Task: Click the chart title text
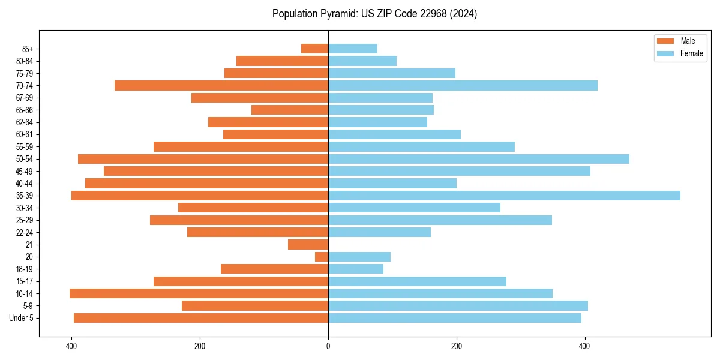click(x=374, y=14)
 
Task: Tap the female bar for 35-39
click(x=504, y=196)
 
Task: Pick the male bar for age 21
click(x=308, y=245)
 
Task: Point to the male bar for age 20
click(x=322, y=257)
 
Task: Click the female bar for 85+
click(x=353, y=49)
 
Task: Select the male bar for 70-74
click(x=221, y=86)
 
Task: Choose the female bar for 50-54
click(x=479, y=159)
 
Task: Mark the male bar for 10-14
click(x=199, y=293)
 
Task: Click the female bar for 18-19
click(x=356, y=269)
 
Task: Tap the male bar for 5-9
click(x=255, y=306)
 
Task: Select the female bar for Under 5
click(x=455, y=318)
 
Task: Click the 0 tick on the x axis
click(x=328, y=346)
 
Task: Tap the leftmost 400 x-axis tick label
click(x=71, y=346)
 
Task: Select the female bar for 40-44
click(x=392, y=184)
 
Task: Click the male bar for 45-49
click(x=216, y=171)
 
